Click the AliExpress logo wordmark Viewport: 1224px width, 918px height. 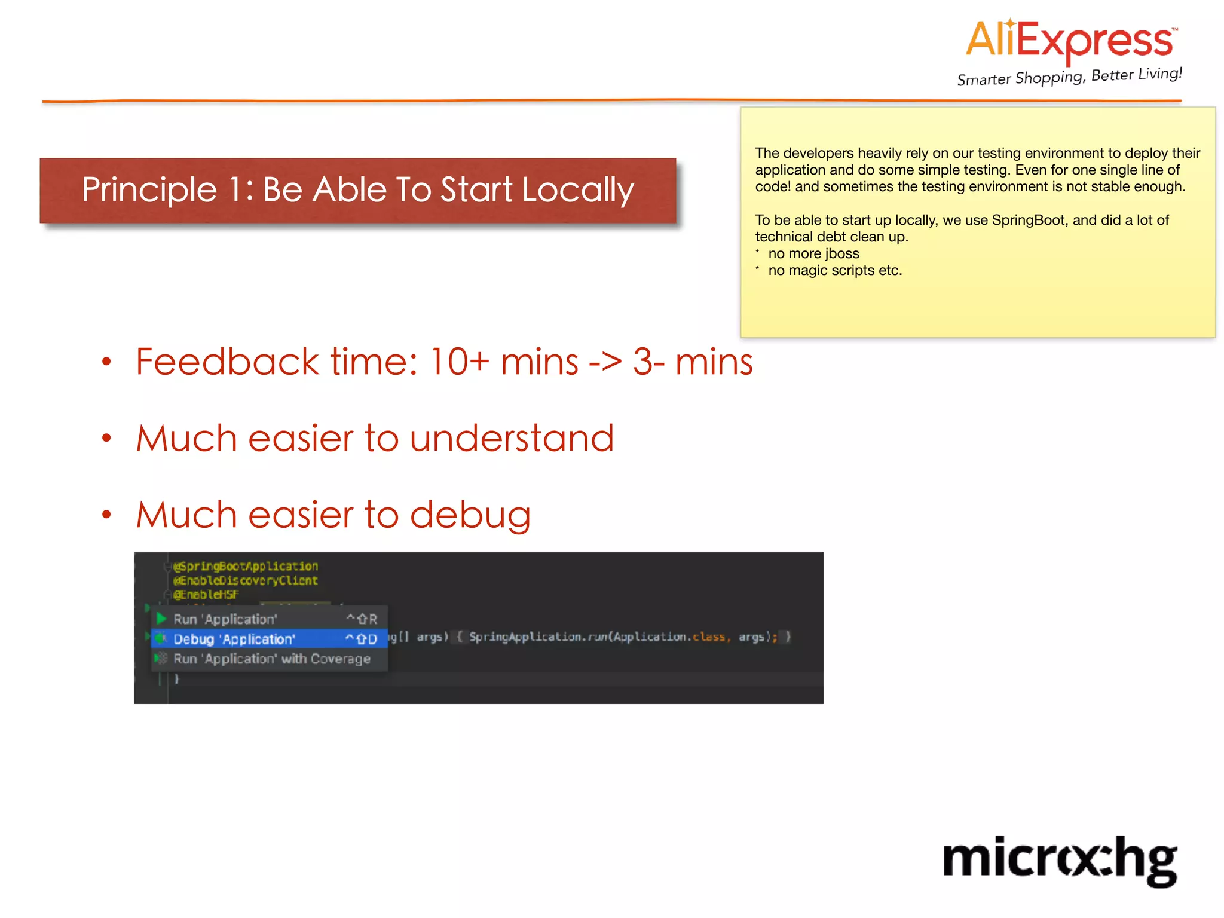pos(1070,41)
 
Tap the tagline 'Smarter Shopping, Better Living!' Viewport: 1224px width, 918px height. pos(1069,76)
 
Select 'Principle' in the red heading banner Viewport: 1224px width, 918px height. pos(149,190)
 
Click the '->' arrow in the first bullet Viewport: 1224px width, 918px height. pos(605,362)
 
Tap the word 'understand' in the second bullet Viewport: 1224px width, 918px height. pos(512,438)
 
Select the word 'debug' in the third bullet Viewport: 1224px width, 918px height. pos(470,515)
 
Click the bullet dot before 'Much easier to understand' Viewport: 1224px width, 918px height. pos(106,439)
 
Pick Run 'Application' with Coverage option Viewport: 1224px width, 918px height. pos(271,659)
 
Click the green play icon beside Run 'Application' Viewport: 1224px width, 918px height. pos(161,619)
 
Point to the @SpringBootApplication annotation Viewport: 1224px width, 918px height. pos(246,566)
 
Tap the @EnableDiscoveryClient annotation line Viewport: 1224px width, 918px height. pos(246,580)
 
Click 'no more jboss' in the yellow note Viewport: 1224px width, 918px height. pos(813,253)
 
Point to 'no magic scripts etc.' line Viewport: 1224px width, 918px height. pos(834,270)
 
